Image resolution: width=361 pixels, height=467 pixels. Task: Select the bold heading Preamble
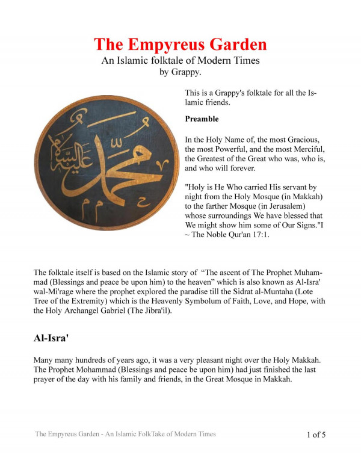pos(202,119)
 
